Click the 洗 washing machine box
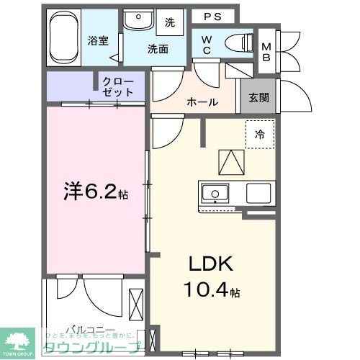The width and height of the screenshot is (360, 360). pos(170,22)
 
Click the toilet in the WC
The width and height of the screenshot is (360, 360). pos(236,42)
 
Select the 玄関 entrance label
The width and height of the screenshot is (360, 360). pos(259,97)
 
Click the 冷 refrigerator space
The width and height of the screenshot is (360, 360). pos(259,135)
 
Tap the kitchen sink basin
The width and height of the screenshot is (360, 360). pos(215,193)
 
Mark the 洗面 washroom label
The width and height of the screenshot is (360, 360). pos(158,49)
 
